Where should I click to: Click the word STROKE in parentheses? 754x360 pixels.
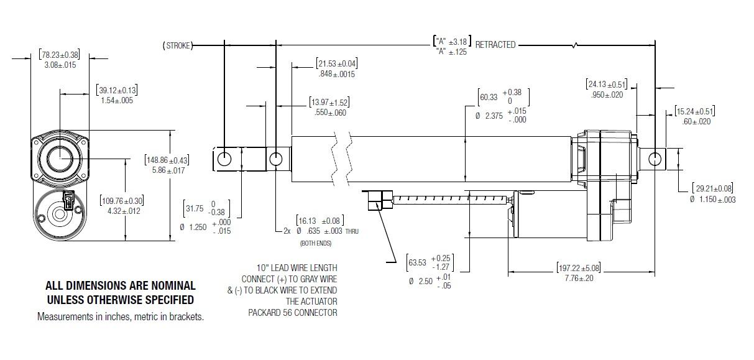coord(178,45)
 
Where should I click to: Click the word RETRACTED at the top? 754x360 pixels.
coord(495,45)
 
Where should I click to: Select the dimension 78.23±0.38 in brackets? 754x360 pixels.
coord(59,54)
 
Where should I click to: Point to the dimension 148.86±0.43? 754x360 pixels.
coord(166,160)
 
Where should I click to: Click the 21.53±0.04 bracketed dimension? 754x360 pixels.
coord(336,63)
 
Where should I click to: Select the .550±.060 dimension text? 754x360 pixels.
coord(329,113)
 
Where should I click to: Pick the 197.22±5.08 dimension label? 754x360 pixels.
coord(578,268)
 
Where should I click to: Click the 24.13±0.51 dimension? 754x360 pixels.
coord(606,85)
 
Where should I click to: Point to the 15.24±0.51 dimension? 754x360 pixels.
coord(694,111)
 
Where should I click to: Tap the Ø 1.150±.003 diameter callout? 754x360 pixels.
coord(712,199)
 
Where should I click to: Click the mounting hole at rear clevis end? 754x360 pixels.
coord(655,159)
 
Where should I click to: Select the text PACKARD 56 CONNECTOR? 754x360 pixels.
coord(293,313)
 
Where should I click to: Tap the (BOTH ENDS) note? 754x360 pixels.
coord(317,242)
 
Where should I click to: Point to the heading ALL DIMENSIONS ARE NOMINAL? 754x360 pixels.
coord(121,286)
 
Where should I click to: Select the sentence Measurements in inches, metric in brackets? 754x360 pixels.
coord(121,316)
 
